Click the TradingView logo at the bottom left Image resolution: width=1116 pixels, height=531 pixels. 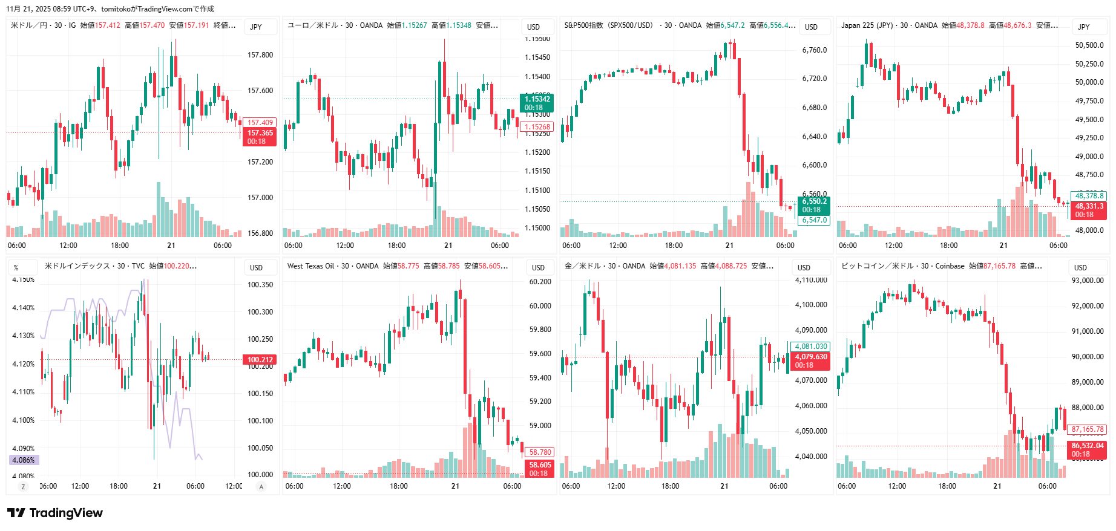pos(55,513)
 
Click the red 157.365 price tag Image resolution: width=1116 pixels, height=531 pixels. pos(260,133)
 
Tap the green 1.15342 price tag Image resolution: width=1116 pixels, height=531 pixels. pos(537,99)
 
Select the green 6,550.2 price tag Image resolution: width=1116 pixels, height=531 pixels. pos(814,201)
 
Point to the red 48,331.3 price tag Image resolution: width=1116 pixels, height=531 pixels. pos(1089,206)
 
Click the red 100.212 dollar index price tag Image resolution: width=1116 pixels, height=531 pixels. pos(260,360)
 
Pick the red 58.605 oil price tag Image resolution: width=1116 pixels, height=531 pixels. pos(540,465)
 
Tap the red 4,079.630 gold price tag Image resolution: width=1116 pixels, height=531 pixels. pos(810,357)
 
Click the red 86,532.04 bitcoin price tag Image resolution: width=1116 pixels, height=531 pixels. pos(1088,446)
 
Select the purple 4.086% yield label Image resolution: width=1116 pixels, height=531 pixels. pos(24,460)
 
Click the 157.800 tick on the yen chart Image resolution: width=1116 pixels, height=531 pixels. pos(260,55)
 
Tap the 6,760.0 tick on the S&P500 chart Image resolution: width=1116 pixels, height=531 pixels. pos(815,50)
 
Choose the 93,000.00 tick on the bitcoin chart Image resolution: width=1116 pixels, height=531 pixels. pos(1088,281)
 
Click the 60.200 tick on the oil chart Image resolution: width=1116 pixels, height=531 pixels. pos(540,282)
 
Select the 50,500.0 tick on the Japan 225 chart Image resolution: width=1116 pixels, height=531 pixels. pos(1089,45)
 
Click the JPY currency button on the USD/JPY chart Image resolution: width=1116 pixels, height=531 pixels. pos(256,27)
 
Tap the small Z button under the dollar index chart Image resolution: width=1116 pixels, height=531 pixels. pos(24,487)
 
